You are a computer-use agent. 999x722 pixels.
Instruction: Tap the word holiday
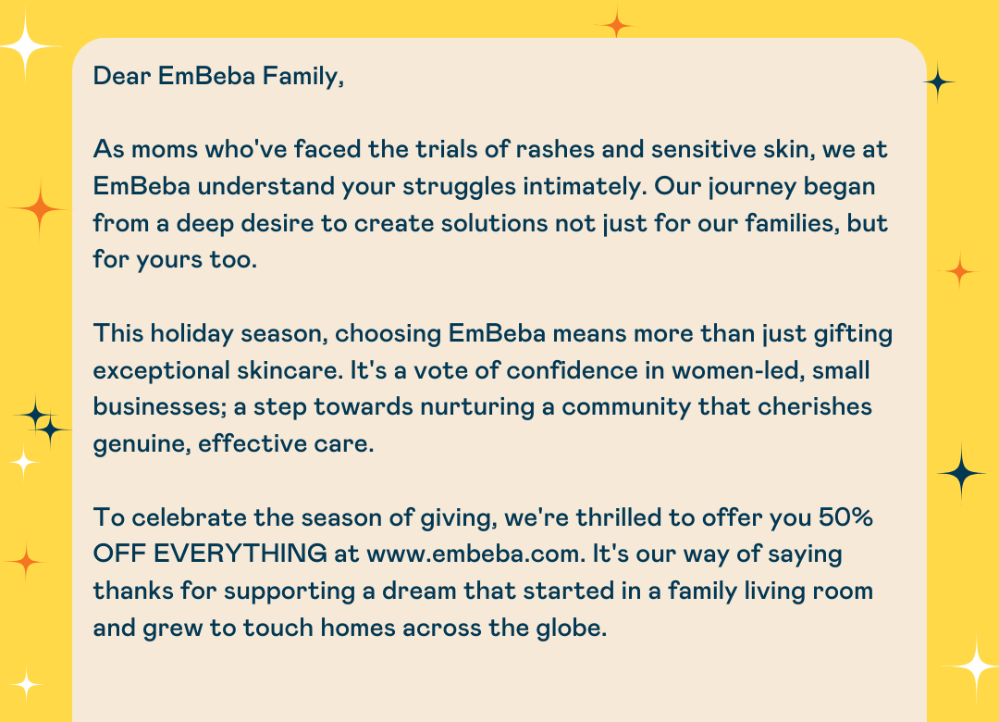coord(191,334)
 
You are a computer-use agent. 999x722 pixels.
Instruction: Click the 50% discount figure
coord(845,517)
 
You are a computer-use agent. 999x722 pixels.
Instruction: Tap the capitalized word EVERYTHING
coord(240,554)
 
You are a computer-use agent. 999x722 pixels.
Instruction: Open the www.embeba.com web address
coord(475,554)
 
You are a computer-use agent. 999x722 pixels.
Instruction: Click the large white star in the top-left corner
coord(26,46)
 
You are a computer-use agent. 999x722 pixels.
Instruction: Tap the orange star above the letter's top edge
coord(616,24)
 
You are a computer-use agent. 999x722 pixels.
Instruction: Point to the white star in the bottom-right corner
coord(975,666)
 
